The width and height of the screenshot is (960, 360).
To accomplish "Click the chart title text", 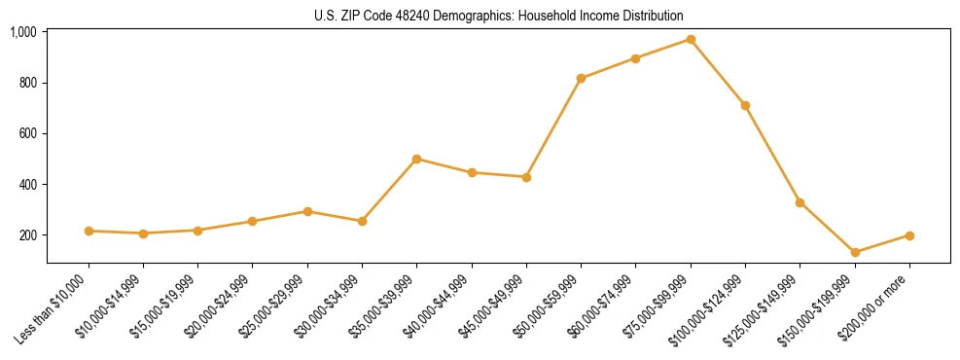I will tap(499, 16).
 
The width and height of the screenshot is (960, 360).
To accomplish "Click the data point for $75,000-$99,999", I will tap(691, 40).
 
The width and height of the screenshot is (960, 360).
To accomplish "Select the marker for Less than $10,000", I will tap(89, 231).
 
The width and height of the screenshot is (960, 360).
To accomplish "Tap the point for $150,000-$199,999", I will tap(855, 253).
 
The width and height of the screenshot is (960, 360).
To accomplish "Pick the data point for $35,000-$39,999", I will tap(416, 159).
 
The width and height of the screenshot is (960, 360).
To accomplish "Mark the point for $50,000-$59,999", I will tap(581, 78).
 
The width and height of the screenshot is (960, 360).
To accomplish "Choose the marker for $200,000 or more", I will tap(909, 235).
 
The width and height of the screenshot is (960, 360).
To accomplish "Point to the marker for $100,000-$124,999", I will tap(745, 105).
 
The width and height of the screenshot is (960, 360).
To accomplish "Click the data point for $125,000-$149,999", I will tap(800, 202).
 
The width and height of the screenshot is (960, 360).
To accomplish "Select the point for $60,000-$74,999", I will tap(635, 58).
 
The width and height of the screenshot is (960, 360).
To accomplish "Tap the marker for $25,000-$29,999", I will tap(307, 211).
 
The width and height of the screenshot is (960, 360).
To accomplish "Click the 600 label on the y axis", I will tap(29, 133).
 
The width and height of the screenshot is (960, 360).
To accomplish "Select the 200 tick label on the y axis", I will tap(29, 235).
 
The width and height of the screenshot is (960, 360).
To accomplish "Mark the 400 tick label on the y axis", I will tap(29, 185).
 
